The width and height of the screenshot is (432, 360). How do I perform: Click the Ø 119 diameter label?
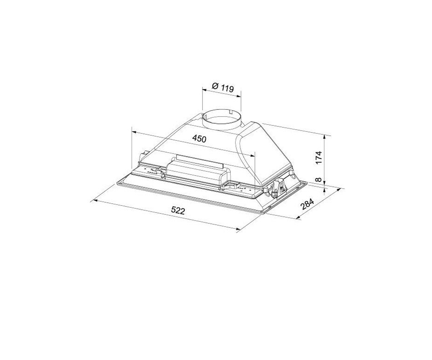[x=223, y=87]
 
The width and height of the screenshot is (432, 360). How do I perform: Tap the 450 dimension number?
[x=199, y=139]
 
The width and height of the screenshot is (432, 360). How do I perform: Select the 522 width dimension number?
[x=178, y=211]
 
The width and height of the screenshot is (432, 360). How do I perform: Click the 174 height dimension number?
[x=319, y=158]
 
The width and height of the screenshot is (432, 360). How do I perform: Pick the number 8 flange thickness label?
[x=319, y=179]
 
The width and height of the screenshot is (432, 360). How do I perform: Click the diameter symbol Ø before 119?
[x=215, y=86]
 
